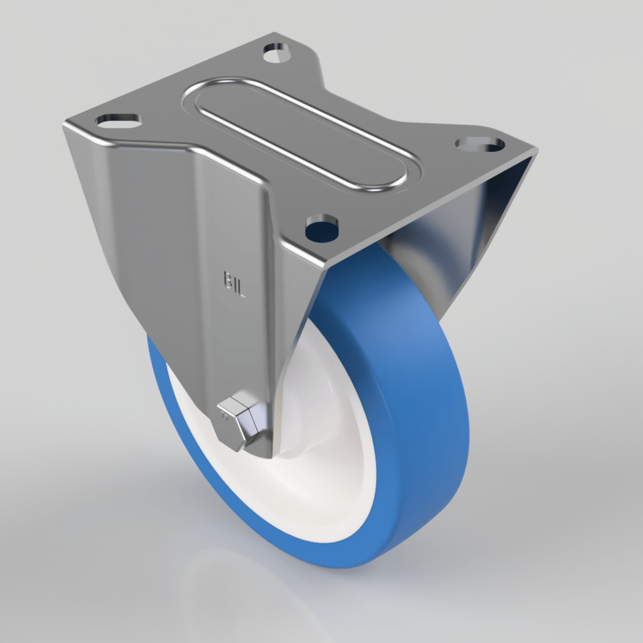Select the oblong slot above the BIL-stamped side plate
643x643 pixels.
click(118, 120)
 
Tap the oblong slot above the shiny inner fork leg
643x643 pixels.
click(478, 143)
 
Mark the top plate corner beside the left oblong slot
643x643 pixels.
click(65, 126)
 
